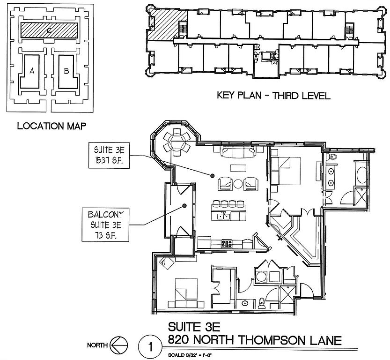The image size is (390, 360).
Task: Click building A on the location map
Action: pyautogui.click(x=32, y=71)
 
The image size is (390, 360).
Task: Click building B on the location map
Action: pyautogui.click(x=66, y=71)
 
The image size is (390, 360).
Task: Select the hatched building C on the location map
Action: pyautogui.click(x=49, y=30)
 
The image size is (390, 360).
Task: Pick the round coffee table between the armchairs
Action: pyautogui.click(x=238, y=183)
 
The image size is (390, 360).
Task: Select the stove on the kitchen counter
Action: pyautogui.click(x=227, y=243)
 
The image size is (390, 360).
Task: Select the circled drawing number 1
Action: pyautogui.click(x=150, y=348)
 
